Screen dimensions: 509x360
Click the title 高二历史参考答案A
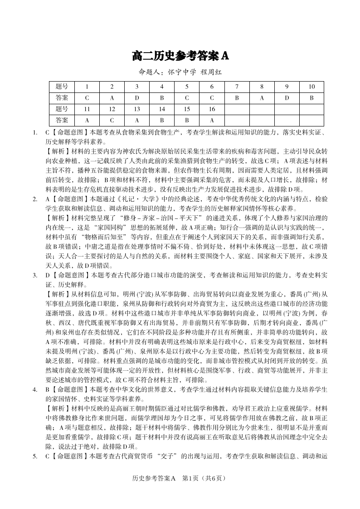[180, 56]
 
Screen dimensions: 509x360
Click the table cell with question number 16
[212, 109]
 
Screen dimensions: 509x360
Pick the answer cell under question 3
[137, 97]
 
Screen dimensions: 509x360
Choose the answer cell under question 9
[287, 97]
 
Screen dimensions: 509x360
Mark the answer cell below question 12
[112, 120]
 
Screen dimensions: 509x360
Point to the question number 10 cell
[311, 86]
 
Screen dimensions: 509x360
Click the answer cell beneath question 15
[187, 120]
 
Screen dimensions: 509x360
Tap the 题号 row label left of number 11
[62, 109]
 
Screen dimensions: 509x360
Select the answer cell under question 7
[237, 97]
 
